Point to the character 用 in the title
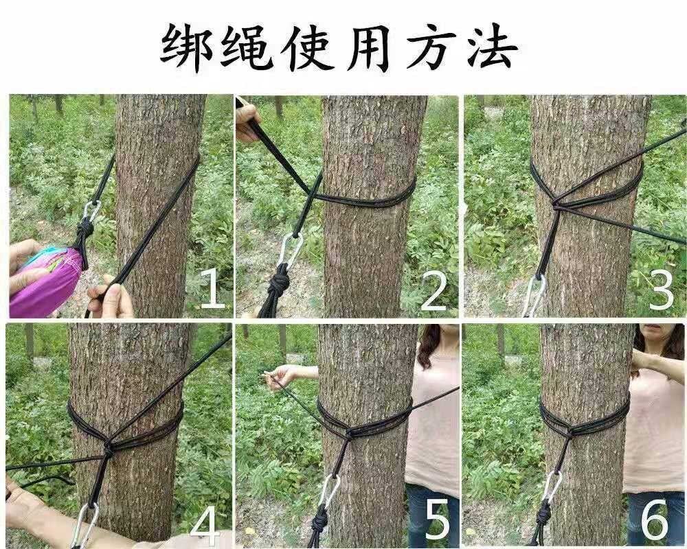click(x=368, y=47)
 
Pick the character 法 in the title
click(x=491, y=47)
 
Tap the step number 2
click(x=433, y=290)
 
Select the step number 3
click(x=661, y=290)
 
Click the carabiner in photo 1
click(x=91, y=212)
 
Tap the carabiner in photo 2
click(x=290, y=251)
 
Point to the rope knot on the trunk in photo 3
click(x=556, y=205)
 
